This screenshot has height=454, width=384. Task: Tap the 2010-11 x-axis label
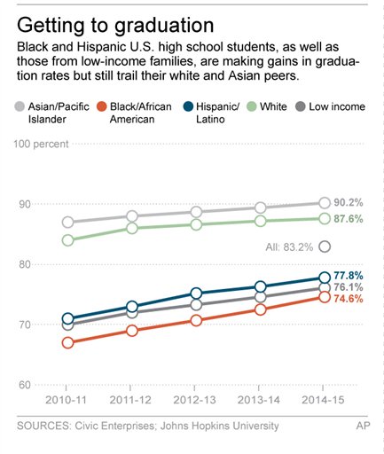67,401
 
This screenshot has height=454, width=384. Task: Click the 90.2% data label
349,203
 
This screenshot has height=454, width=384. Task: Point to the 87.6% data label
349,219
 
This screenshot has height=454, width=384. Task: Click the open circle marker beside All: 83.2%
325,247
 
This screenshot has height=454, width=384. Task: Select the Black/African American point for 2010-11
67,342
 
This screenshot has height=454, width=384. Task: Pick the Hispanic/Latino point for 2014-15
325,278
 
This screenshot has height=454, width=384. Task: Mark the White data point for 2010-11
67,240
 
